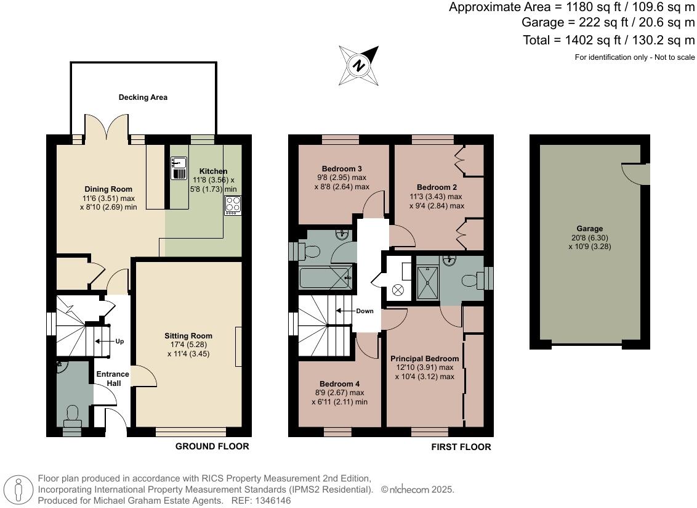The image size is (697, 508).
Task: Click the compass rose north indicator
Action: point(358,65)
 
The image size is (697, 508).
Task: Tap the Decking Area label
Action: point(143,97)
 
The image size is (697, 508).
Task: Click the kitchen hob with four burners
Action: point(233,205)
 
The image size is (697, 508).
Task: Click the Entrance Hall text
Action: point(112,379)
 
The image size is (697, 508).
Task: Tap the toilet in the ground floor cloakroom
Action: point(72,415)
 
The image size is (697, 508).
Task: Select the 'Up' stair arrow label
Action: point(119,341)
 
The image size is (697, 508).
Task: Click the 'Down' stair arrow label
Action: point(365,311)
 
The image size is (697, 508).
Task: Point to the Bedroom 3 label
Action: point(342,169)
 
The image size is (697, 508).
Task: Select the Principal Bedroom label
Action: point(424,359)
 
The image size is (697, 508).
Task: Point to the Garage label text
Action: point(589,229)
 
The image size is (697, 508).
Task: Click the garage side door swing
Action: point(636,173)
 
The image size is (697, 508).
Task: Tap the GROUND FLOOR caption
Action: point(212,446)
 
